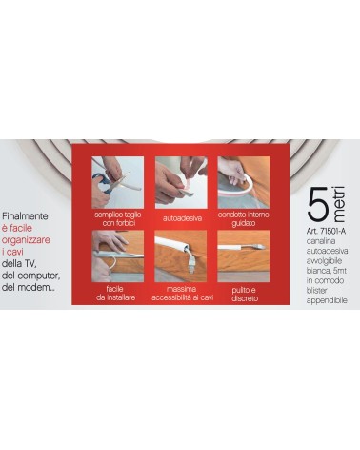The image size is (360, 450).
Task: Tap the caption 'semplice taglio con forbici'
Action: pyautogui.click(x=118, y=219)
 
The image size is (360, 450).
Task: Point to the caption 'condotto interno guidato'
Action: pyautogui.click(x=244, y=219)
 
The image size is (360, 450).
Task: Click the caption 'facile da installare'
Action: pyautogui.click(x=116, y=294)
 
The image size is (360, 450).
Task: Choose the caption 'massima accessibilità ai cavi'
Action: pyautogui.click(x=182, y=294)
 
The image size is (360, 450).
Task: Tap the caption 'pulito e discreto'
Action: pyautogui.click(x=245, y=295)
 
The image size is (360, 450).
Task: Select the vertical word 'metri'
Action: pyautogui.click(x=339, y=204)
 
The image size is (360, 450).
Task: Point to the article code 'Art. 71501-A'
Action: pyautogui.click(x=326, y=231)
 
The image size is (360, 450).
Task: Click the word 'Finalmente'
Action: pyautogui.click(x=25, y=216)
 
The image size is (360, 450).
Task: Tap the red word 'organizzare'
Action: pyautogui.click(x=26, y=240)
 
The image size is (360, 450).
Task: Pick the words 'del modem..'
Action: pyautogui.click(x=27, y=287)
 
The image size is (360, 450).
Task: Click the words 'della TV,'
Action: pyautogui.click(x=20, y=264)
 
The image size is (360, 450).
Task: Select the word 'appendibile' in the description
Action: pyautogui.click(x=327, y=300)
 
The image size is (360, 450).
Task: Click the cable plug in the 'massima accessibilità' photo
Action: pyautogui.click(x=191, y=265)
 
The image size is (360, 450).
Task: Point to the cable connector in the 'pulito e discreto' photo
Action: pyautogui.click(x=256, y=247)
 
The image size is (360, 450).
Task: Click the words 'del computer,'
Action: pyautogui.click(x=30, y=276)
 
